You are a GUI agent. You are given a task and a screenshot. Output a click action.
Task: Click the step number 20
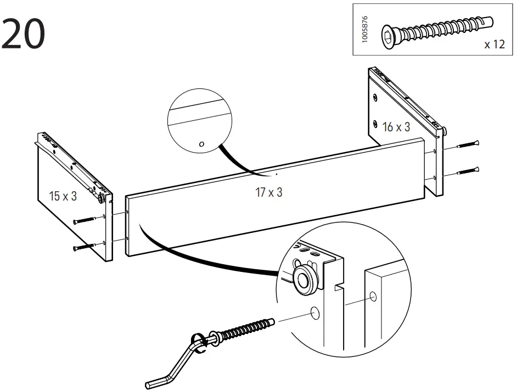tap(23, 34)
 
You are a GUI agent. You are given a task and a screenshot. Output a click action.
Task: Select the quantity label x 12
tap(494, 44)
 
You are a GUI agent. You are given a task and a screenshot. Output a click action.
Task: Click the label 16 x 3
tap(396, 127)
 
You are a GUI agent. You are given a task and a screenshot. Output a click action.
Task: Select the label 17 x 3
tap(268, 192)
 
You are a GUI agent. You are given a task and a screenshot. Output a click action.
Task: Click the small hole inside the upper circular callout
tap(201, 144)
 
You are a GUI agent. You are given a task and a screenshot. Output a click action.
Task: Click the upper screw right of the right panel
tap(469, 145)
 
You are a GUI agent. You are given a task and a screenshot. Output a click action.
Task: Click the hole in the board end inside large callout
tap(373, 297)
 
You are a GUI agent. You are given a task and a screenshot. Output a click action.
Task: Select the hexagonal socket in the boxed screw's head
tap(389, 37)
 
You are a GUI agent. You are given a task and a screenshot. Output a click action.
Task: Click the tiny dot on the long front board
tap(277, 174)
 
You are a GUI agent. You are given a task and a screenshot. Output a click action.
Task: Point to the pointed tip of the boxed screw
tap(490, 22)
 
